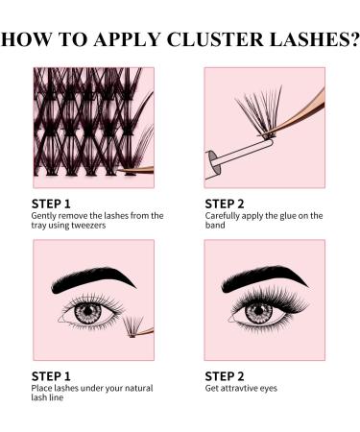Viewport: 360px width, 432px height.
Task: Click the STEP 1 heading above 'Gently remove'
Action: coord(55,204)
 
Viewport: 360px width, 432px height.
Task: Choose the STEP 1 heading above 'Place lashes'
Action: coord(55,374)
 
